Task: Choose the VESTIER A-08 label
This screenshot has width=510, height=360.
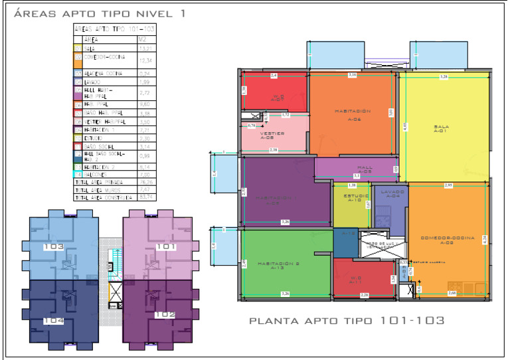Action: click(x=272, y=136)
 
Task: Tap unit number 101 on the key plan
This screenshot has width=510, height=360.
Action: click(x=166, y=246)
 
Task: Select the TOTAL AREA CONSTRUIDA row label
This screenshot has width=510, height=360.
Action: click(x=104, y=197)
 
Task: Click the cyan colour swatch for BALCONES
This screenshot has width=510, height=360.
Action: click(x=78, y=173)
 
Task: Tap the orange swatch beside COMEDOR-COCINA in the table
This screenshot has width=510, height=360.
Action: click(x=78, y=60)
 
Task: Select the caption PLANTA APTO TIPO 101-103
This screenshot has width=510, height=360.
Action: click(x=346, y=321)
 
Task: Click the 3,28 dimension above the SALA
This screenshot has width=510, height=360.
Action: click(x=443, y=78)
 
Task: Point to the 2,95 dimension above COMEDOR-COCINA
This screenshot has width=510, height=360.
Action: click(x=449, y=185)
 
